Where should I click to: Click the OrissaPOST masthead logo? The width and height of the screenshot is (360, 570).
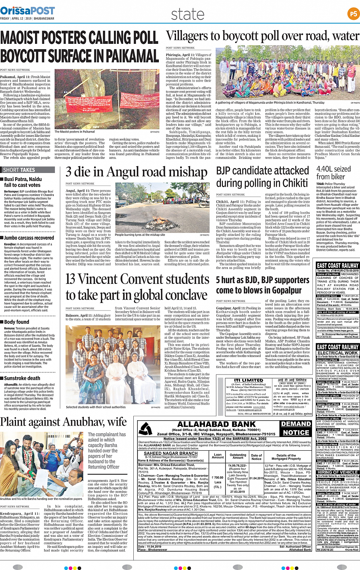[x=27, y=10]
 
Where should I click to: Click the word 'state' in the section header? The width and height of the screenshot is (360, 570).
[x=187, y=14]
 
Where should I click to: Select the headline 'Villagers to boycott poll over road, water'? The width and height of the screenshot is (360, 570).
[x=262, y=36]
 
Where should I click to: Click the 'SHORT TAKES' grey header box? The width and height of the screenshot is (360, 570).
[x=28, y=170]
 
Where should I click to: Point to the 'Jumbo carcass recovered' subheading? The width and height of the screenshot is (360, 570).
[x=29, y=238]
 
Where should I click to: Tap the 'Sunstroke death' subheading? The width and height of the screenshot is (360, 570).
[x=22, y=378]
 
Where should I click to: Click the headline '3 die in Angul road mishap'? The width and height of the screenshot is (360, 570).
[x=136, y=172]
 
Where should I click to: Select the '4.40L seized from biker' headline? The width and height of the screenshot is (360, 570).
[x=333, y=173]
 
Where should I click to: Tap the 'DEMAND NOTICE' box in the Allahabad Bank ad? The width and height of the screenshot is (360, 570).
[x=296, y=428]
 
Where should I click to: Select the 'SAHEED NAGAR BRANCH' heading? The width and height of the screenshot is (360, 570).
[x=171, y=453]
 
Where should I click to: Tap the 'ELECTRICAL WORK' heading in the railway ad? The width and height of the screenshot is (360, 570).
[x=338, y=353]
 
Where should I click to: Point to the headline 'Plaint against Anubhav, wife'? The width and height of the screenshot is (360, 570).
[x=63, y=422]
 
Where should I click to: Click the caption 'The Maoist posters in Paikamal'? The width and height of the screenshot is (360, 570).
[x=75, y=132]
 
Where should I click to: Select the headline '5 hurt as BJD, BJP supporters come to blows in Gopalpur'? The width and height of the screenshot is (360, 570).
[x=262, y=285]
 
